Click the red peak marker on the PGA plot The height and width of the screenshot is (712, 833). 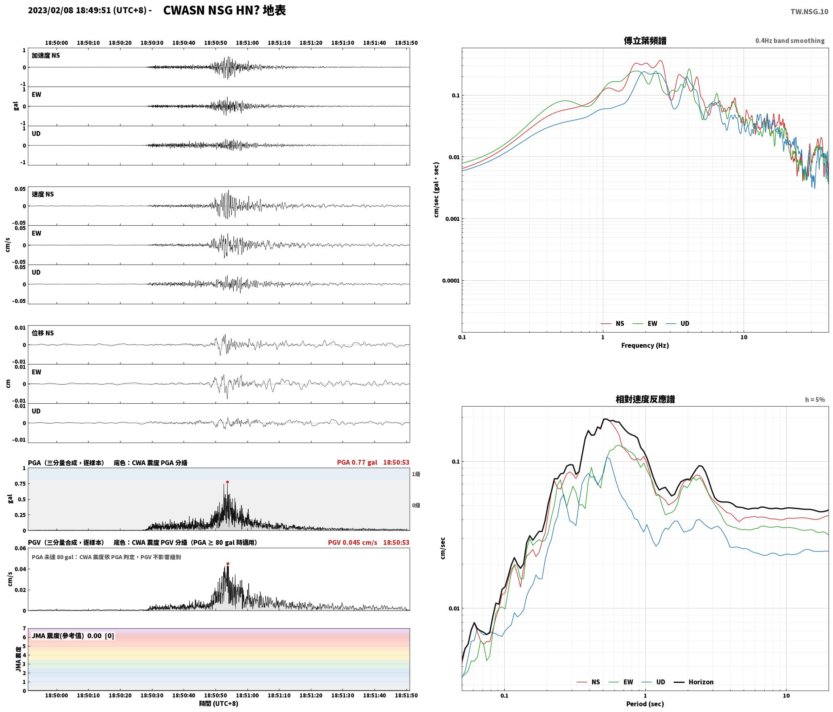tap(227, 482)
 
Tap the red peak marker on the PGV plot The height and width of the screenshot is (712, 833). tap(228, 564)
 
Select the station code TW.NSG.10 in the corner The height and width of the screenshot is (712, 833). tap(809, 12)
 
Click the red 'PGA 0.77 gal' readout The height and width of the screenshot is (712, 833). tap(357, 462)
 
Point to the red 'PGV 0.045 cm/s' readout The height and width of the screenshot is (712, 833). tap(352, 542)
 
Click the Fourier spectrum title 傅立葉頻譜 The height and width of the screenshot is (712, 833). tap(645, 41)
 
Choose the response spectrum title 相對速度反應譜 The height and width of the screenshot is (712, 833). tap(645, 399)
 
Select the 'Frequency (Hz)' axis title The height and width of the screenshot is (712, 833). tap(645, 345)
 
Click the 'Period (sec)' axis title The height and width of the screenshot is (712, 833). tap(645, 704)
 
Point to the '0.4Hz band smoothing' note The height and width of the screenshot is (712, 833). tap(790, 40)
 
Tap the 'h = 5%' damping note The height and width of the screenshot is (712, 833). tap(815, 400)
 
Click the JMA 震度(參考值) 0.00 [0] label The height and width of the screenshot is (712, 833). tap(73, 636)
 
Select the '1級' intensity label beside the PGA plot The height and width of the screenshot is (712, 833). tap(416, 474)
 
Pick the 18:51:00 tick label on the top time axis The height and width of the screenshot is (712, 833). tap(247, 42)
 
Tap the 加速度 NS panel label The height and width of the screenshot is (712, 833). tap(46, 55)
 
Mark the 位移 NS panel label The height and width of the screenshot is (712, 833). tap(42, 333)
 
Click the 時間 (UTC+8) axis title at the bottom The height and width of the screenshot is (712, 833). tap(219, 704)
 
